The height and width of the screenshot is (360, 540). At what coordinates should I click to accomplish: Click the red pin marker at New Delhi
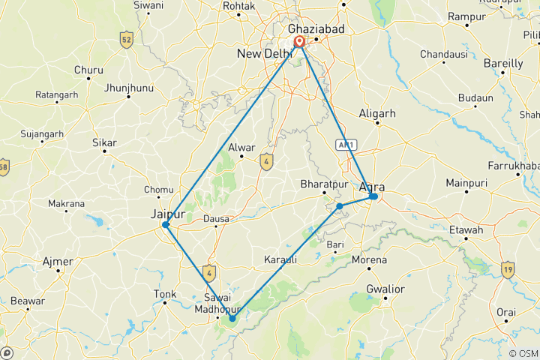tap(300, 41)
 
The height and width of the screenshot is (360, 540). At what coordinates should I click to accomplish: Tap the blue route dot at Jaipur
tap(166, 224)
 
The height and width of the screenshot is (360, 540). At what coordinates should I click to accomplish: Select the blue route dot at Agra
tap(373, 196)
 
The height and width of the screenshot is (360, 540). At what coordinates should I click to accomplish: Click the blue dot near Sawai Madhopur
tap(232, 318)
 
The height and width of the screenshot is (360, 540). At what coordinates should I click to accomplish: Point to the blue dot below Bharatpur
tap(340, 205)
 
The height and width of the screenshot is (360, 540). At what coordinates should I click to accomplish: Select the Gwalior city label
tap(385, 289)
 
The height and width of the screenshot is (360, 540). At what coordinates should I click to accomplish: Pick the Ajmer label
tap(58, 262)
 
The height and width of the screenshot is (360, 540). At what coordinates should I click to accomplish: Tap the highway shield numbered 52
tap(127, 39)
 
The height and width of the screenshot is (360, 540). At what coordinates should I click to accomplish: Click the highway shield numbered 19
tap(508, 268)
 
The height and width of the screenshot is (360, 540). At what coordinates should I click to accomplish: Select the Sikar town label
tap(103, 141)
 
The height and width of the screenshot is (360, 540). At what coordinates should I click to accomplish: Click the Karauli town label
tap(281, 259)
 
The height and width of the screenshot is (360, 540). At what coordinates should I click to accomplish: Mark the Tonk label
tap(164, 294)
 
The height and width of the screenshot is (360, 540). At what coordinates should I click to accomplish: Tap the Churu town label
tap(88, 70)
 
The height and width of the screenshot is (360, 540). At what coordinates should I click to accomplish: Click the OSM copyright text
tap(523, 353)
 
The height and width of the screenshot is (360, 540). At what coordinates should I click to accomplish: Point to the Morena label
tap(370, 260)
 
